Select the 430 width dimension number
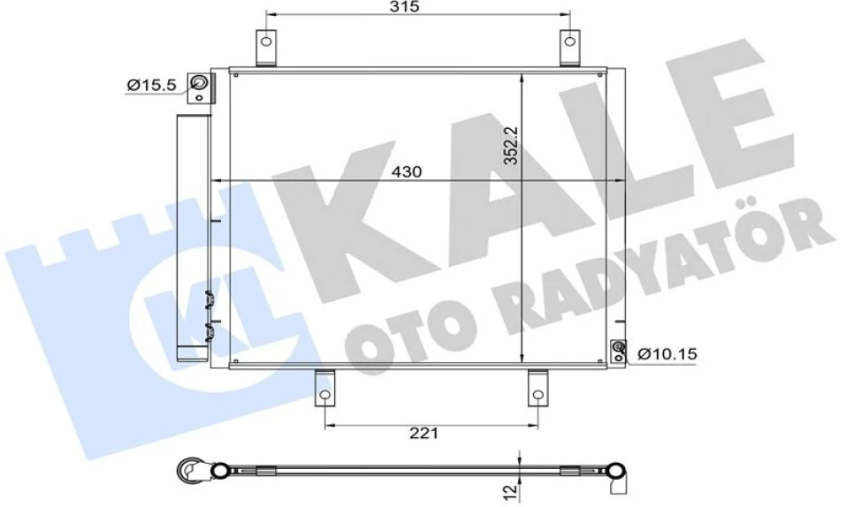point(407,171)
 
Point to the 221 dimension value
point(425,433)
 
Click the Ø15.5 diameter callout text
point(151,85)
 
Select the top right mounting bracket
point(571,48)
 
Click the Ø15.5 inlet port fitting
point(201,87)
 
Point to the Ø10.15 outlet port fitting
point(618,352)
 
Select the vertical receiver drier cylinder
point(190,238)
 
